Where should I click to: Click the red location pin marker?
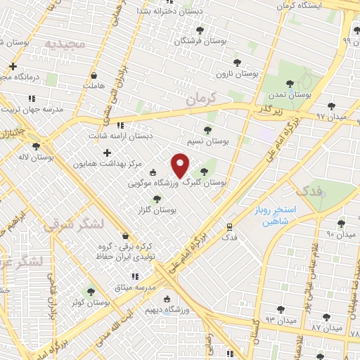coord(181,166)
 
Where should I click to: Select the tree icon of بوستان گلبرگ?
coord(204,171)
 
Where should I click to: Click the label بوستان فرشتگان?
coord(200,41)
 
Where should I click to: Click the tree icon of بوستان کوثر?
coord(89,292)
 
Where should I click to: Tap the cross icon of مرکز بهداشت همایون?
coord(107,153)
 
